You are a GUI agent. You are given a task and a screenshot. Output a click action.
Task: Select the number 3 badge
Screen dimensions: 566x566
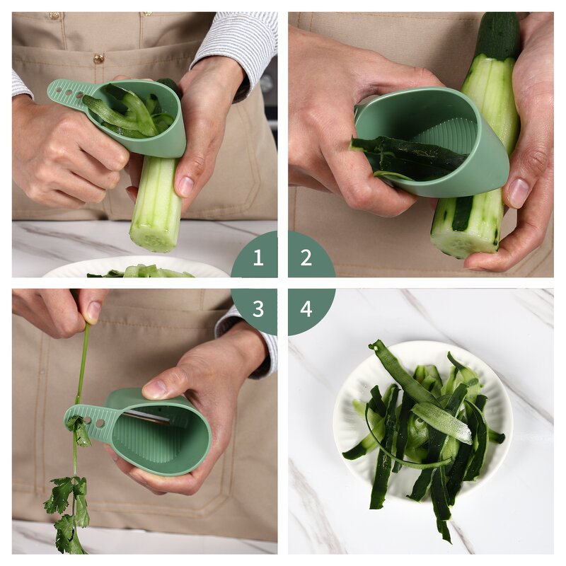coord(258,308)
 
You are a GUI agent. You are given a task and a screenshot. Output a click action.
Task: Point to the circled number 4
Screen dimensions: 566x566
coord(306,308)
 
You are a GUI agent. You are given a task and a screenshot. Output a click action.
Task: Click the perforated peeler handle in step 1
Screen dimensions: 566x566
coord(69,94)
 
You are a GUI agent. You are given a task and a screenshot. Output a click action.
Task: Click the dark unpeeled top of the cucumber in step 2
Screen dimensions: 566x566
coord(498,35)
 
